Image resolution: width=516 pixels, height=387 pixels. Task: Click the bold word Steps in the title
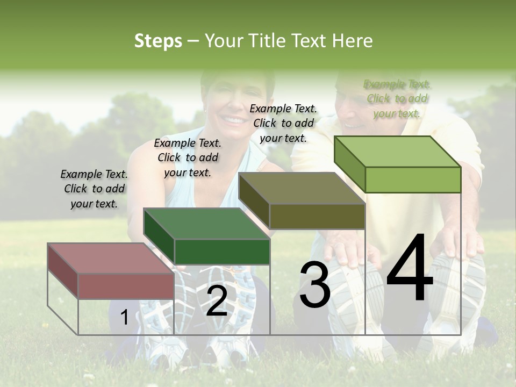(157, 41)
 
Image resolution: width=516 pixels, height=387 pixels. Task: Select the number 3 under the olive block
(314, 285)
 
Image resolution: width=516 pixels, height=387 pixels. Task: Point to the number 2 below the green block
(217, 301)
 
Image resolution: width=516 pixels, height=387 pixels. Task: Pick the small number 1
(124, 318)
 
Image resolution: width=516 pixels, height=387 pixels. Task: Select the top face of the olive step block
(301, 188)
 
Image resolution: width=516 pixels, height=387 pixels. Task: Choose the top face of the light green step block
(397, 152)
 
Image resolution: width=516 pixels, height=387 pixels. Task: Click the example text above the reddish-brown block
(94, 189)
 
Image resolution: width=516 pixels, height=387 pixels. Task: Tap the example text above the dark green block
(188, 157)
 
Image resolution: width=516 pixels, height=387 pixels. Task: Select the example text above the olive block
(283, 123)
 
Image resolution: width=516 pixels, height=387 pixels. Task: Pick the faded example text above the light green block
(397, 98)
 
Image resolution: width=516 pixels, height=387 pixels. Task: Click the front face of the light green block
(413, 180)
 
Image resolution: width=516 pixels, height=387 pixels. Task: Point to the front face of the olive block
(317, 217)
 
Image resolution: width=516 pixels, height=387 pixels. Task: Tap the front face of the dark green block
(222, 252)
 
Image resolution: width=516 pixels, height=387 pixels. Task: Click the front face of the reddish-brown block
(126, 286)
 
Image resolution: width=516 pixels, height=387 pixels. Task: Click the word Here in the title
(353, 41)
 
